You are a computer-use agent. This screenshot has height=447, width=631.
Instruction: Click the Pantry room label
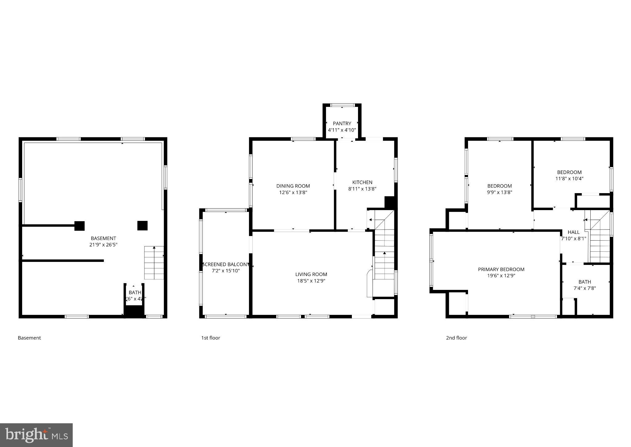342,124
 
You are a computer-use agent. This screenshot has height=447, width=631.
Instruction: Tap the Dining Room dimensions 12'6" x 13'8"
293,193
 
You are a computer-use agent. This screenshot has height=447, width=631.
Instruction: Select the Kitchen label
362,182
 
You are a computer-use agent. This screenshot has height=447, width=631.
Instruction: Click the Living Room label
311,274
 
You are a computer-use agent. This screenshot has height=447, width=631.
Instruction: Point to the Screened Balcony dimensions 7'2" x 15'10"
226,271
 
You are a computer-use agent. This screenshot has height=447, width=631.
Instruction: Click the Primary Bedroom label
501,269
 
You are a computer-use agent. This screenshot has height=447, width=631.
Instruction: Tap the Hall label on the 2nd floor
573,232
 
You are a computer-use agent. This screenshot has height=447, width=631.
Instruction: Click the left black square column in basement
79,226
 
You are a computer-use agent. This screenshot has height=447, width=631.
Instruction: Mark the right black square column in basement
142,226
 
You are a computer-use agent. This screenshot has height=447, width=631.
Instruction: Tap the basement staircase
154,263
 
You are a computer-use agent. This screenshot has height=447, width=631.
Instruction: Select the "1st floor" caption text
211,338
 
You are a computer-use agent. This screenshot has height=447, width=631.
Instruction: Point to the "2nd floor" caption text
456,338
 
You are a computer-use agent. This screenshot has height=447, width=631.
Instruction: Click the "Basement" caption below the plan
29,338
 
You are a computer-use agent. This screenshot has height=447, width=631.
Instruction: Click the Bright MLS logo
36,435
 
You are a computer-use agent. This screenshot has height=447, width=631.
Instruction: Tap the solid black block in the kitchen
390,202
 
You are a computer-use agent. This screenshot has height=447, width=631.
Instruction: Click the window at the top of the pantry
342,105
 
